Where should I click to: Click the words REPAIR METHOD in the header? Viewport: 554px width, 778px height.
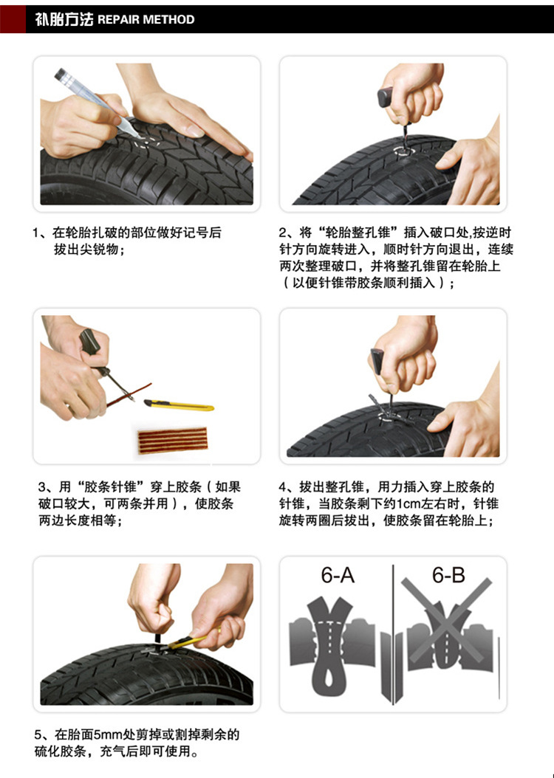[146, 19]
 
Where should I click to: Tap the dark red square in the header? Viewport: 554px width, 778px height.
[13, 19]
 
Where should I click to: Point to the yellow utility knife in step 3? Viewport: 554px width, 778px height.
[179, 405]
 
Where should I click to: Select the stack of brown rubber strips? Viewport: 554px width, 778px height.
[172, 440]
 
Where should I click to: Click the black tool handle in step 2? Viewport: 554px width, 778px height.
[386, 97]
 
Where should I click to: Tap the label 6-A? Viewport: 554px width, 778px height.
[338, 576]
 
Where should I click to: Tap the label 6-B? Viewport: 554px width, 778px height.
[448, 576]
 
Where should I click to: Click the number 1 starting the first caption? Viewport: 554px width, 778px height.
[35, 233]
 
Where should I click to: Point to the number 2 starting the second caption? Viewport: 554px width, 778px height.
[282, 233]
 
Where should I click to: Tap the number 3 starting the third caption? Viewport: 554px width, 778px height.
[42, 486]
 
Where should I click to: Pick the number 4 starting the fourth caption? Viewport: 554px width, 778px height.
[282, 486]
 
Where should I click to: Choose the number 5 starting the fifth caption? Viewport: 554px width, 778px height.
[38, 734]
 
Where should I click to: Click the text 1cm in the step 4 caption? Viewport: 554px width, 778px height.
[408, 503]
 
